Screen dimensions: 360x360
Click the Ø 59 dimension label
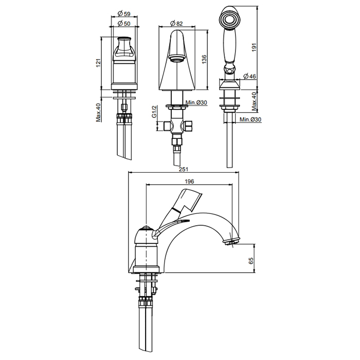point(124,14)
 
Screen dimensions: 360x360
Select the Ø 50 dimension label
point(124,24)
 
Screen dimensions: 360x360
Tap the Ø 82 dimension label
point(176,24)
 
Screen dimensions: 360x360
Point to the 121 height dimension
point(98,63)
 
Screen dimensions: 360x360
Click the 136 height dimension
point(204,59)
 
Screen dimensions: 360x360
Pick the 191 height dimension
point(254,47)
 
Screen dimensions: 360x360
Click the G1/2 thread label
point(154,112)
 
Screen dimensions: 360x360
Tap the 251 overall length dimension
point(184,169)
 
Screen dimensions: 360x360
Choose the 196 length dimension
point(189,182)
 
